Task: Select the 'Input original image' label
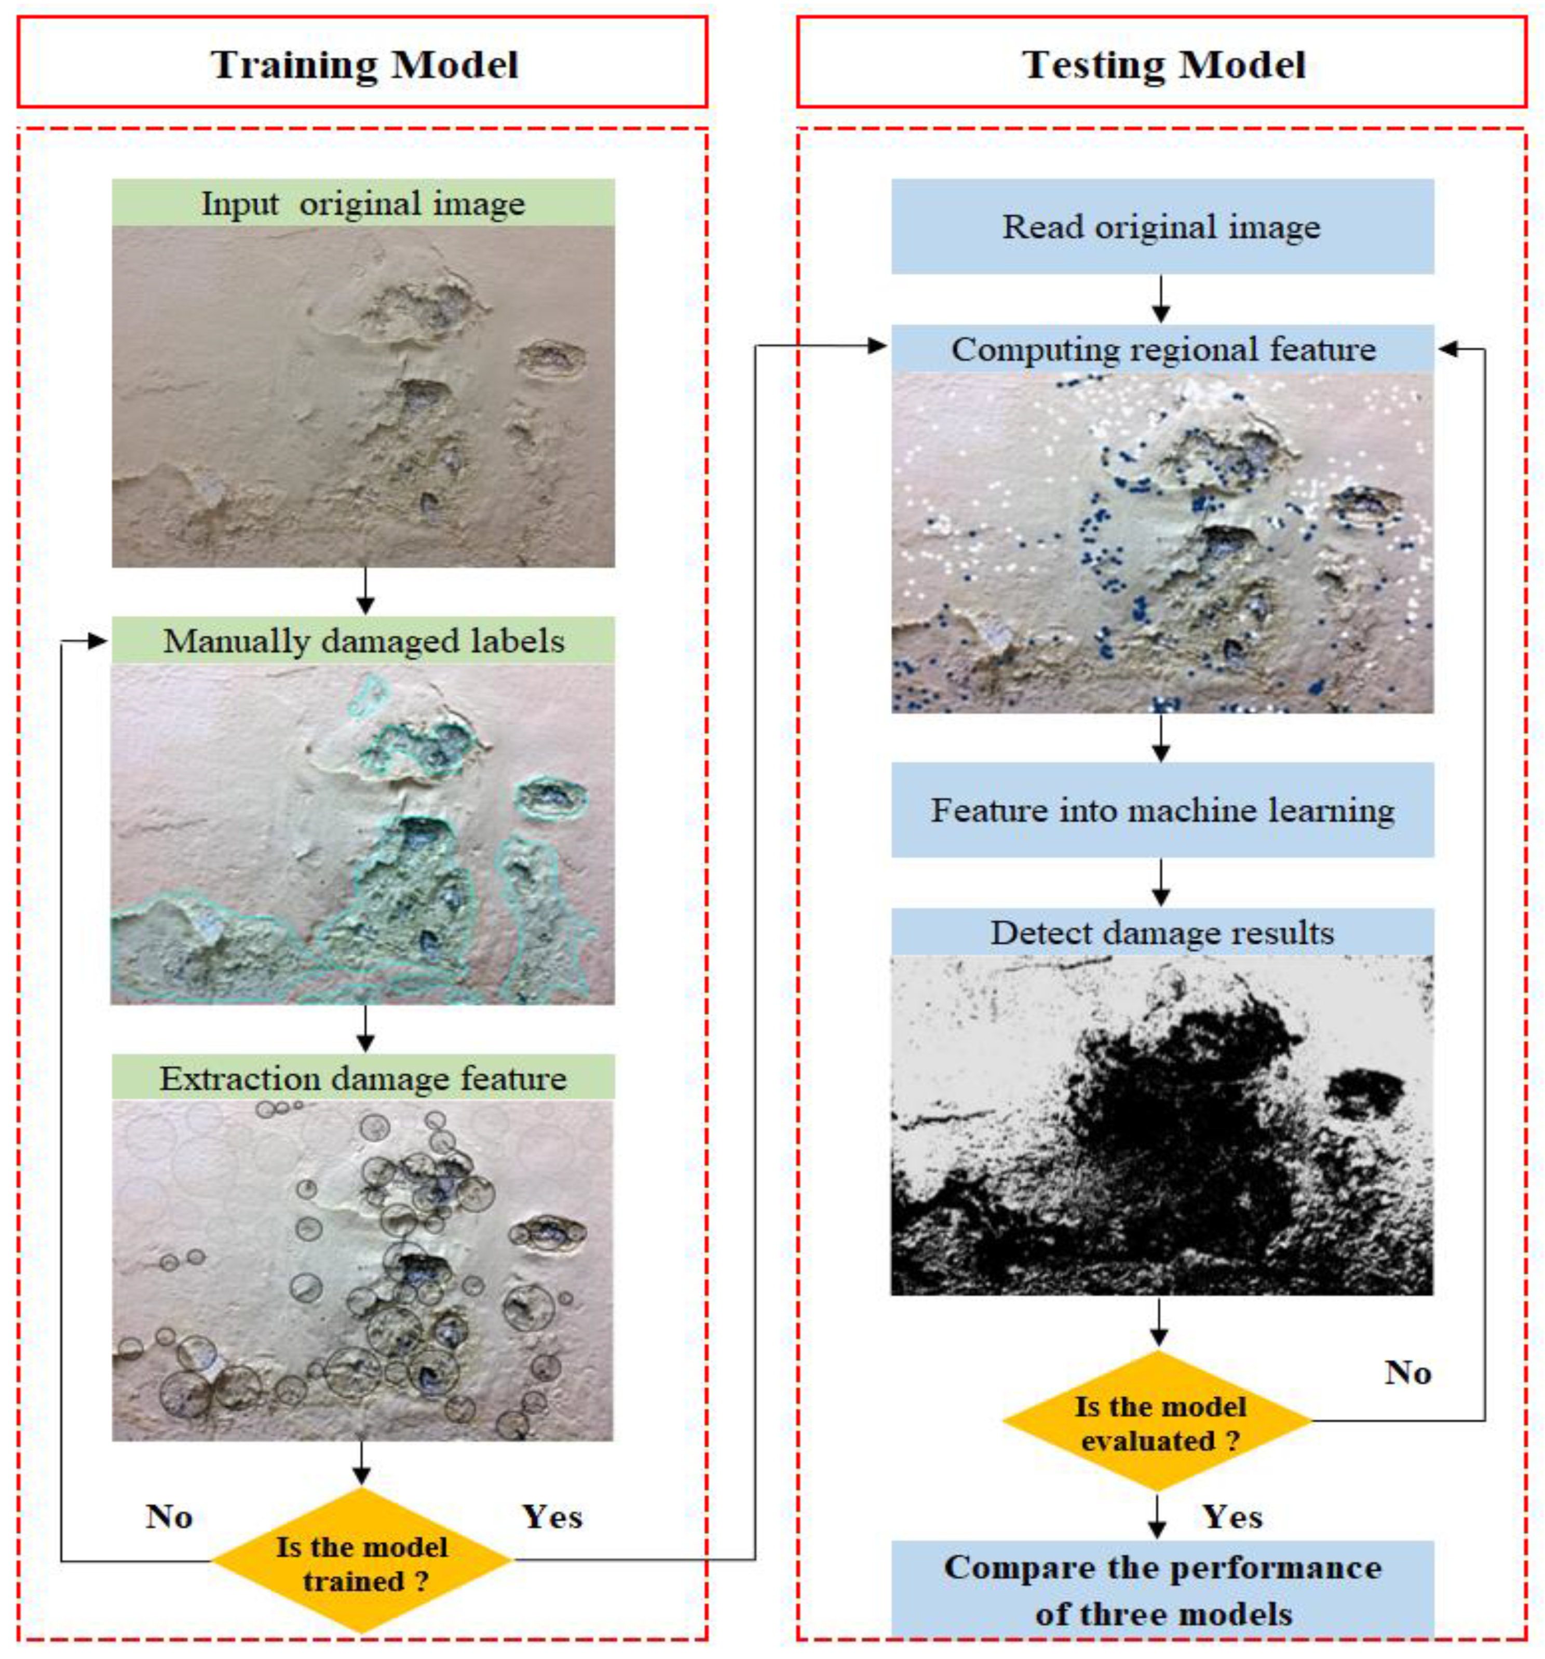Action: (x=363, y=203)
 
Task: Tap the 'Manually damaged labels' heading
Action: (x=363, y=640)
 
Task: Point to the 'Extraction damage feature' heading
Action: (x=363, y=1077)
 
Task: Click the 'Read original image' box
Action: (x=1161, y=226)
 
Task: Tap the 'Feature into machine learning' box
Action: (x=1161, y=810)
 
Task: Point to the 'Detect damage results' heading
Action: (x=1161, y=932)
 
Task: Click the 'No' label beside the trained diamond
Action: (x=169, y=1516)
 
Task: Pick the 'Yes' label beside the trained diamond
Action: (x=551, y=1516)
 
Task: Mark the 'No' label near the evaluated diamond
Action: (x=1407, y=1373)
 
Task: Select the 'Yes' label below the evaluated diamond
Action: (x=1231, y=1516)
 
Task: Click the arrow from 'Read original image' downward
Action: (x=1160, y=299)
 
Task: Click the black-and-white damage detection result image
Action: (x=1161, y=1125)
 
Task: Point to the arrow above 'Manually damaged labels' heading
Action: (x=364, y=591)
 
